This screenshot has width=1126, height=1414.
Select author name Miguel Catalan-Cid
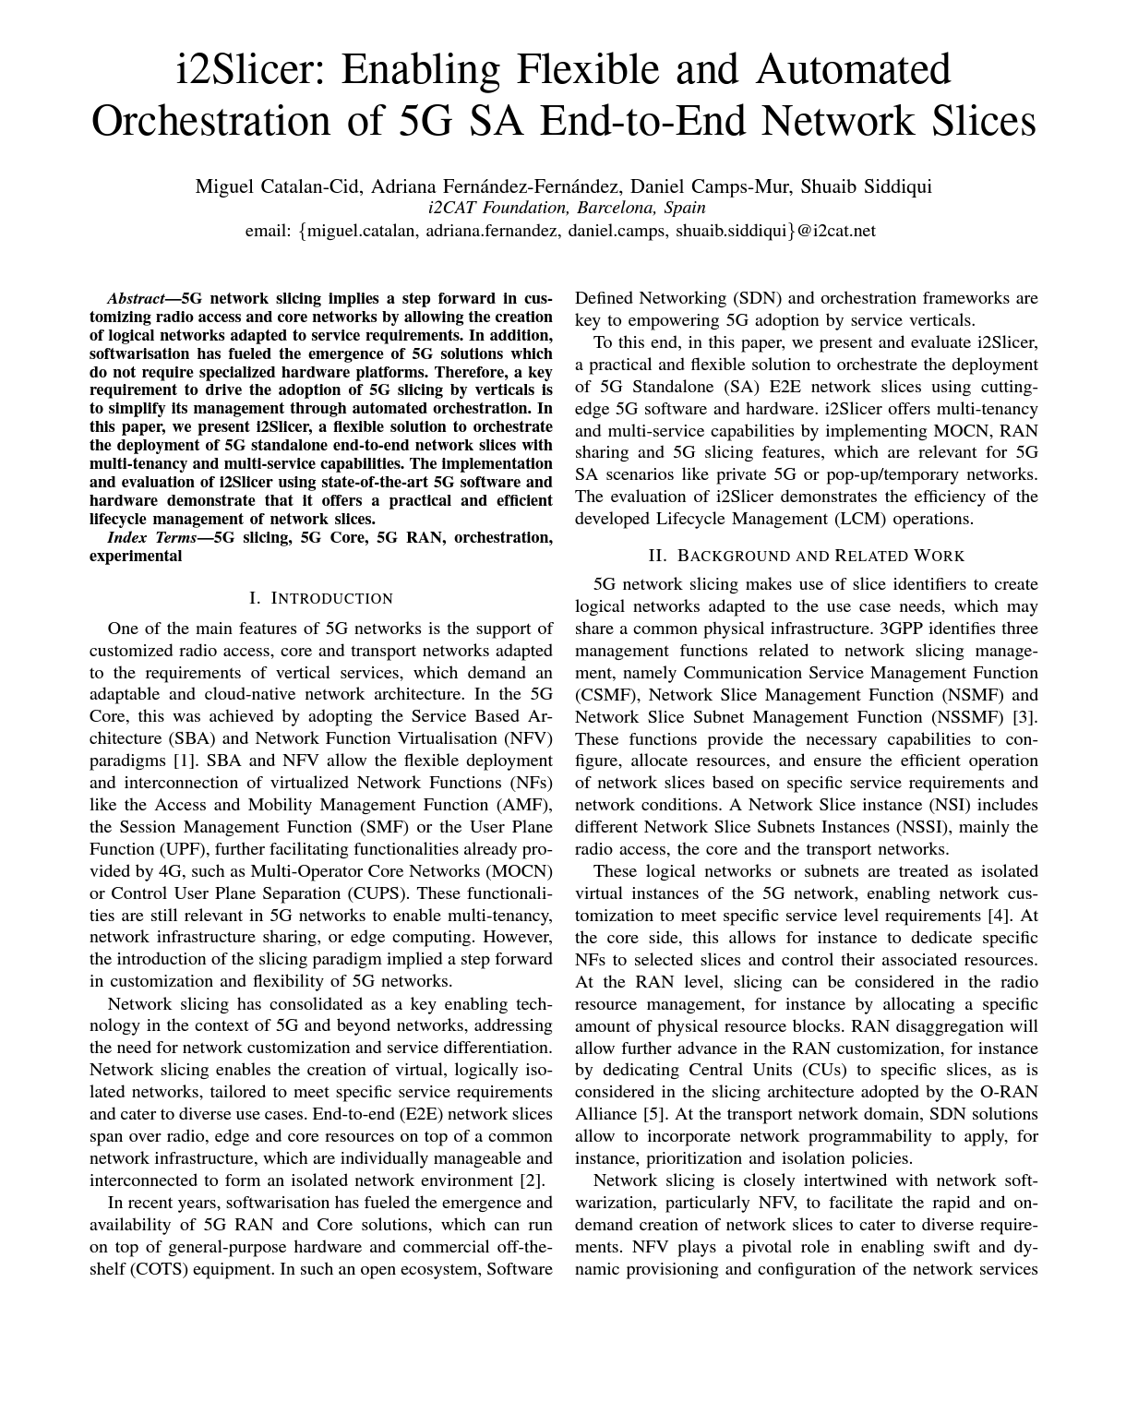point(278,186)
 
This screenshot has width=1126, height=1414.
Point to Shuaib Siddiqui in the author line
point(867,186)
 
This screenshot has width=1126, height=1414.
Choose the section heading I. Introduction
point(321,598)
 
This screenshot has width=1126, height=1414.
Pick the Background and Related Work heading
point(807,556)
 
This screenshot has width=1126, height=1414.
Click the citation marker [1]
point(183,761)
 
